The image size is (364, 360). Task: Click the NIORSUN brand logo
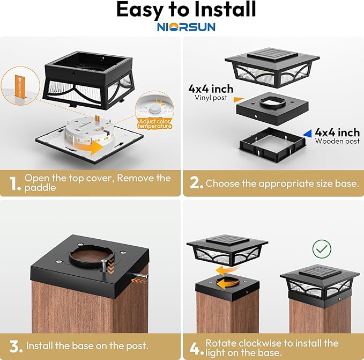click(x=185, y=26)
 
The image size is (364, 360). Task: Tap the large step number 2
click(x=196, y=183)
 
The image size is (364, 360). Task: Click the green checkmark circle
click(x=322, y=248)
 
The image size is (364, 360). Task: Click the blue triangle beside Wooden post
click(x=306, y=133)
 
